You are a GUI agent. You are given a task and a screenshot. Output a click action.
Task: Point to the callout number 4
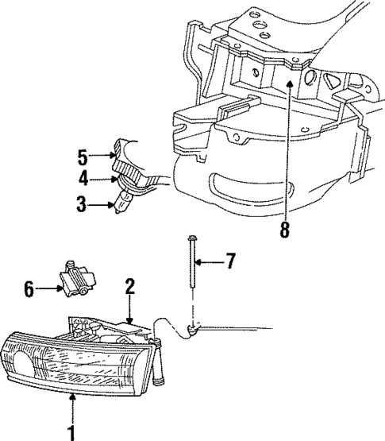(83, 179)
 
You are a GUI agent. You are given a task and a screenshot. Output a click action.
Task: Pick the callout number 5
(83, 155)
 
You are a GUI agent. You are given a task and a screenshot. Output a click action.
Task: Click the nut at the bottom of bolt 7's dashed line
(193, 328)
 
